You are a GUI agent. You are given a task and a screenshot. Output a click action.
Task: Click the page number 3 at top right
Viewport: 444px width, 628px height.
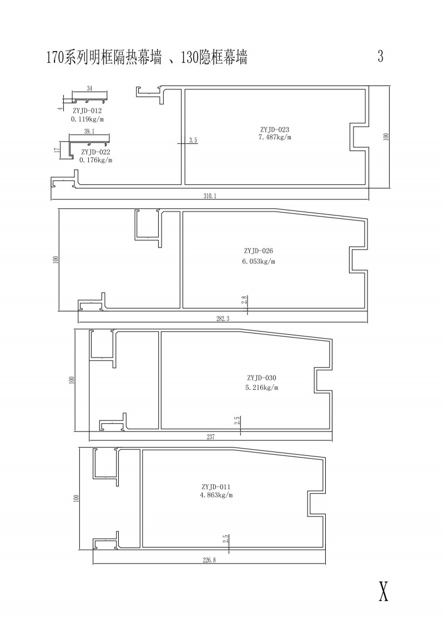click(380, 56)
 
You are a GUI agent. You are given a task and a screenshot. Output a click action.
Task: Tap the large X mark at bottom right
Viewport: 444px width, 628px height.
click(383, 591)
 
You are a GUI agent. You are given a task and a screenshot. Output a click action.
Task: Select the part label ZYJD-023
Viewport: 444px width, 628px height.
click(274, 129)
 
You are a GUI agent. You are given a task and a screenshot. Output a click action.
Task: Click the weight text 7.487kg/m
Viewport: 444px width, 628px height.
click(275, 137)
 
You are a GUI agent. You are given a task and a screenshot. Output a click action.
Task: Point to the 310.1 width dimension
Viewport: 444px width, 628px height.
click(209, 196)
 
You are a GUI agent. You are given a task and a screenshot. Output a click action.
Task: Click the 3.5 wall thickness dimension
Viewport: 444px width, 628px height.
click(193, 140)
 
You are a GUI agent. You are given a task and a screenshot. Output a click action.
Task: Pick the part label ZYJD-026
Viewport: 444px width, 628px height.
click(258, 251)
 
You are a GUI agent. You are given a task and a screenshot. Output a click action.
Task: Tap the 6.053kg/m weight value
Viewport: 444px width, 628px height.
click(259, 262)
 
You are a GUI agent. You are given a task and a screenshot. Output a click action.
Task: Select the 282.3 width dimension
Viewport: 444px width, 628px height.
click(223, 319)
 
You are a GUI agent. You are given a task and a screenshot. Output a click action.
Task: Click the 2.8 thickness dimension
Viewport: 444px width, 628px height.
click(244, 300)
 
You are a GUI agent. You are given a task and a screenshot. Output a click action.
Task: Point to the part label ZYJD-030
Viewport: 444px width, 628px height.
click(261, 378)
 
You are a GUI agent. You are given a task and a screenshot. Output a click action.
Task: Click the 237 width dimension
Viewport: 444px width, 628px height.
click(210, 437)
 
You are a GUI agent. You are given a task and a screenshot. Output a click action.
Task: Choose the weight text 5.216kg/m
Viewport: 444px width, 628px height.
click(262, 387)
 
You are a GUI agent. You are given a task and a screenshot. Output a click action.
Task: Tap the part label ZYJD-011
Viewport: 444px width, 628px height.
click(216, 487)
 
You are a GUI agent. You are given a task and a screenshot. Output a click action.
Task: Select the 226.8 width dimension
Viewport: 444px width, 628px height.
click(209, 560)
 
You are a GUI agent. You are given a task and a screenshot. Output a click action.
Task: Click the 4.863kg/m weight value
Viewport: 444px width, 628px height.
click(216, 495)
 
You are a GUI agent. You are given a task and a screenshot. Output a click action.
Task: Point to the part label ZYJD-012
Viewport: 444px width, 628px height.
click(87, 111)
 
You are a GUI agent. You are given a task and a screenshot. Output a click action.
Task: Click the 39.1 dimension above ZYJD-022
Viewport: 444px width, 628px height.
click(89, 132)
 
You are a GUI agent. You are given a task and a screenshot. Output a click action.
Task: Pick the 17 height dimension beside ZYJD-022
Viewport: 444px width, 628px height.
click(57, 150)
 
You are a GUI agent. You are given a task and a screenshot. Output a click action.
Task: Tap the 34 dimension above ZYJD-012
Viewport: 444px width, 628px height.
click(89, 88)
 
